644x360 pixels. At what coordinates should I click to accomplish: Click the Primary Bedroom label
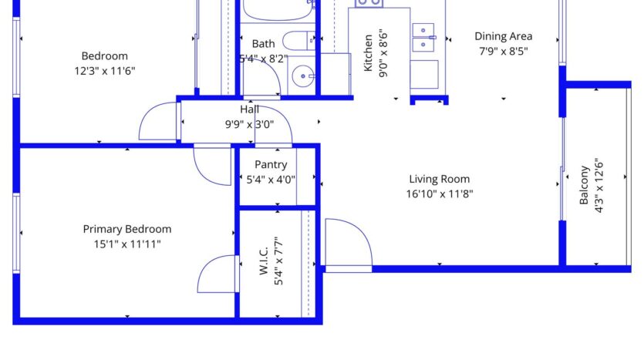(127, 229)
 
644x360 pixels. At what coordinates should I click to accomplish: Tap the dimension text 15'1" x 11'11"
(127, 244)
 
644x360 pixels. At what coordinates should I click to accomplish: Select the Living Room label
(440, 179)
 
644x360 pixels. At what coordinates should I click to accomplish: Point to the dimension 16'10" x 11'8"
(440, 194)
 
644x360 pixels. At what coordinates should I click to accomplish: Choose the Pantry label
(271, 164)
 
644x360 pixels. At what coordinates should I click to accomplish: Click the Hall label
(250, 109)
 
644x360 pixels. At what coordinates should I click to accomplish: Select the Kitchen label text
(369, 52)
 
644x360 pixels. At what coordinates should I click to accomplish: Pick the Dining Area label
(503, 36)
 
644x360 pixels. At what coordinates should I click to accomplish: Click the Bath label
(263, 44)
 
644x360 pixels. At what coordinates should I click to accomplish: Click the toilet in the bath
(296, 40)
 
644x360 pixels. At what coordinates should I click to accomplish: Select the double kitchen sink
(423, 37)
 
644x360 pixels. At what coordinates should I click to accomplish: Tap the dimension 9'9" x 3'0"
(250, 123)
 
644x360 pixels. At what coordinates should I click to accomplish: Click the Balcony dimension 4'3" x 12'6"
(598, 186)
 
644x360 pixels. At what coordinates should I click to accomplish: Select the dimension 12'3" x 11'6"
(105, 70)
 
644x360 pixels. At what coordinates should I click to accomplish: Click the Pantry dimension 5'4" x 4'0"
(271, 180)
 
